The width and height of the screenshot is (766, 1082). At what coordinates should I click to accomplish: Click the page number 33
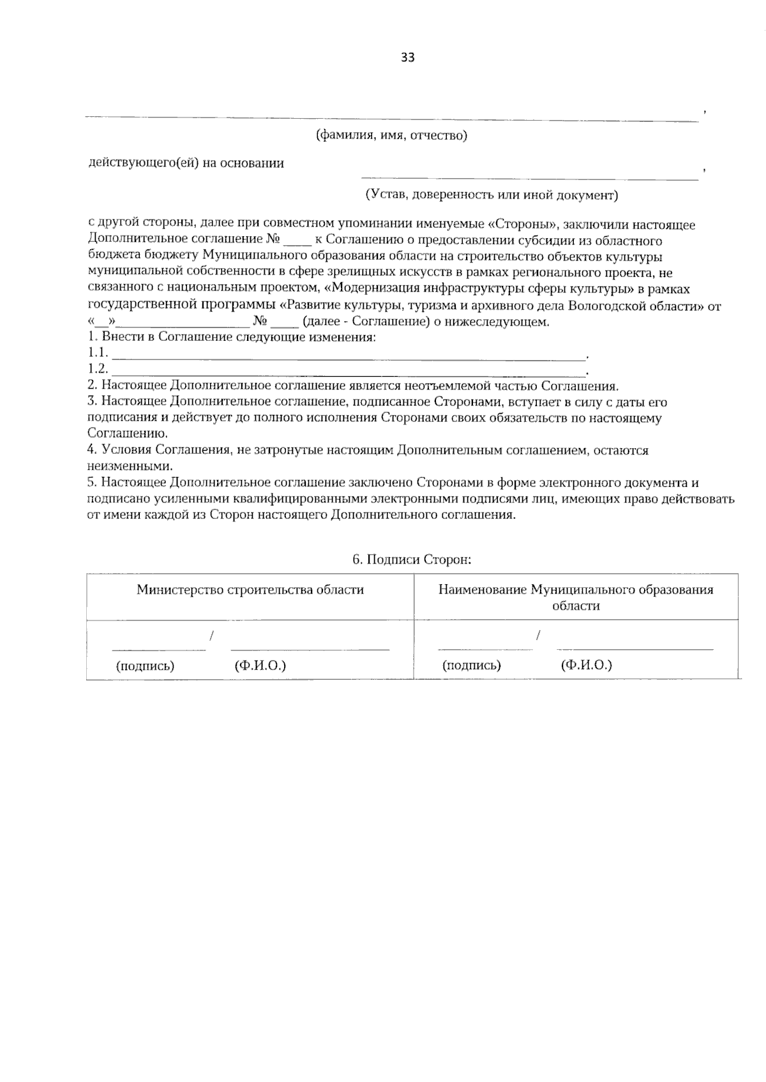[408, 57]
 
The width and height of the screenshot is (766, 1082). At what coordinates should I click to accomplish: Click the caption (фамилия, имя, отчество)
[391, 135]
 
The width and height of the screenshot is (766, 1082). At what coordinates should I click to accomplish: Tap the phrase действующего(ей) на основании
[186, 163]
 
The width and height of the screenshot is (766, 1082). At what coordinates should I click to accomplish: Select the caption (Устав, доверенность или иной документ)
[492, 195]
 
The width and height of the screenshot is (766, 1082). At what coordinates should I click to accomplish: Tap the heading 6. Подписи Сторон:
[412, 560]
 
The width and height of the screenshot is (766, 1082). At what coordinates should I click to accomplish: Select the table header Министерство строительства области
[250, 589]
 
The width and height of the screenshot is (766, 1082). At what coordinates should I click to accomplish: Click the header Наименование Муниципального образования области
[576, 597]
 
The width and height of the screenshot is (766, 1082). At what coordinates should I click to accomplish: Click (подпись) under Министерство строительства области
[145, 666]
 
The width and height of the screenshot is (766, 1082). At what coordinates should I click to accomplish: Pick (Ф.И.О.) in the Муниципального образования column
[586, 665]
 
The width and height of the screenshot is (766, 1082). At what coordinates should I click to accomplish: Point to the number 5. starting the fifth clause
[93, 483]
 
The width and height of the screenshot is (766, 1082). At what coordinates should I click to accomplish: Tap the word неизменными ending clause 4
[130, 466]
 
